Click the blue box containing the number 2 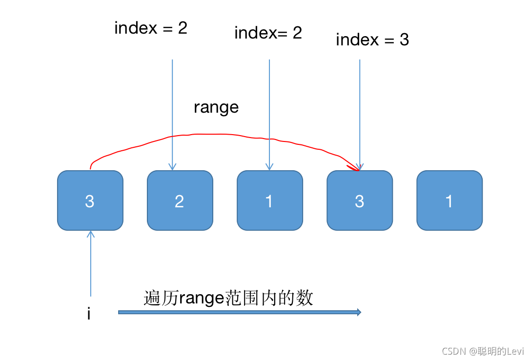coord(180,200)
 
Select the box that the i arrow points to coord(90,200)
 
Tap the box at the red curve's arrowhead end coord(359,200)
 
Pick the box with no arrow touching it coord(449,200)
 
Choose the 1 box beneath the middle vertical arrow coord(269,200)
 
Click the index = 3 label coord(372,40)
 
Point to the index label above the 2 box coord(150,28)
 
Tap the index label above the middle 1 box coord(268,33)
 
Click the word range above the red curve coord(216,107)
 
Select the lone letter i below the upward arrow coord(89,314)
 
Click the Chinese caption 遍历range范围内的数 coord(228,298)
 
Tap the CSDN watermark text coord(482,351)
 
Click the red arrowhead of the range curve coord(354,167)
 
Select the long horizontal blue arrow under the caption coord(239,312)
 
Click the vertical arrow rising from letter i coord(90,263)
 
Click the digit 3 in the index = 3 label coord(404,40)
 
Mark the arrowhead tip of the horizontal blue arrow coord(360,312)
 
